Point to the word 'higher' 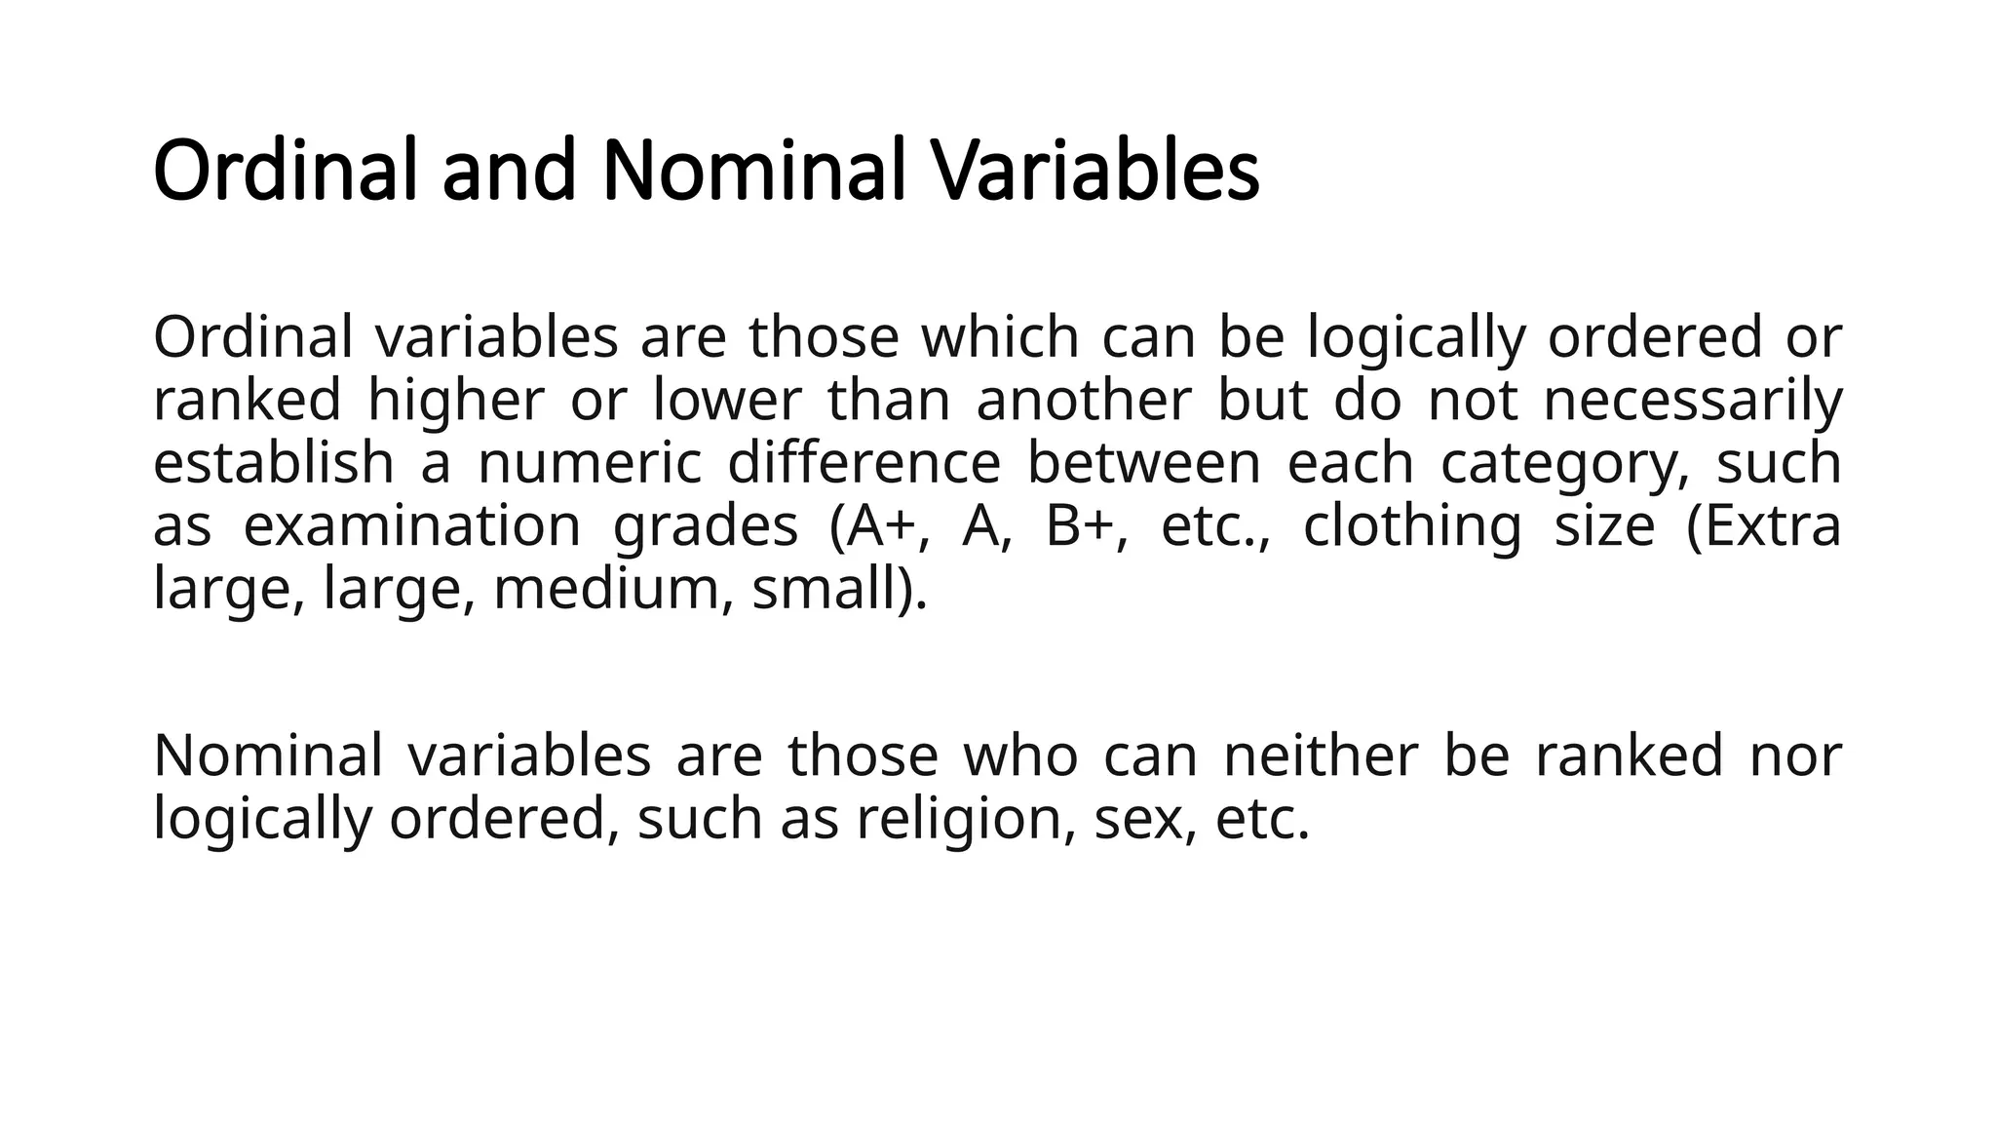point(455,401)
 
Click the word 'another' point(1084,401)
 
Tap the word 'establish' point(274,463)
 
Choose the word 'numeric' point(590,463)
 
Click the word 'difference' point(864,463)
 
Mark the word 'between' point(1144,463)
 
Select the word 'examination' point(412,526)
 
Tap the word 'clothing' point(1412,526)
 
